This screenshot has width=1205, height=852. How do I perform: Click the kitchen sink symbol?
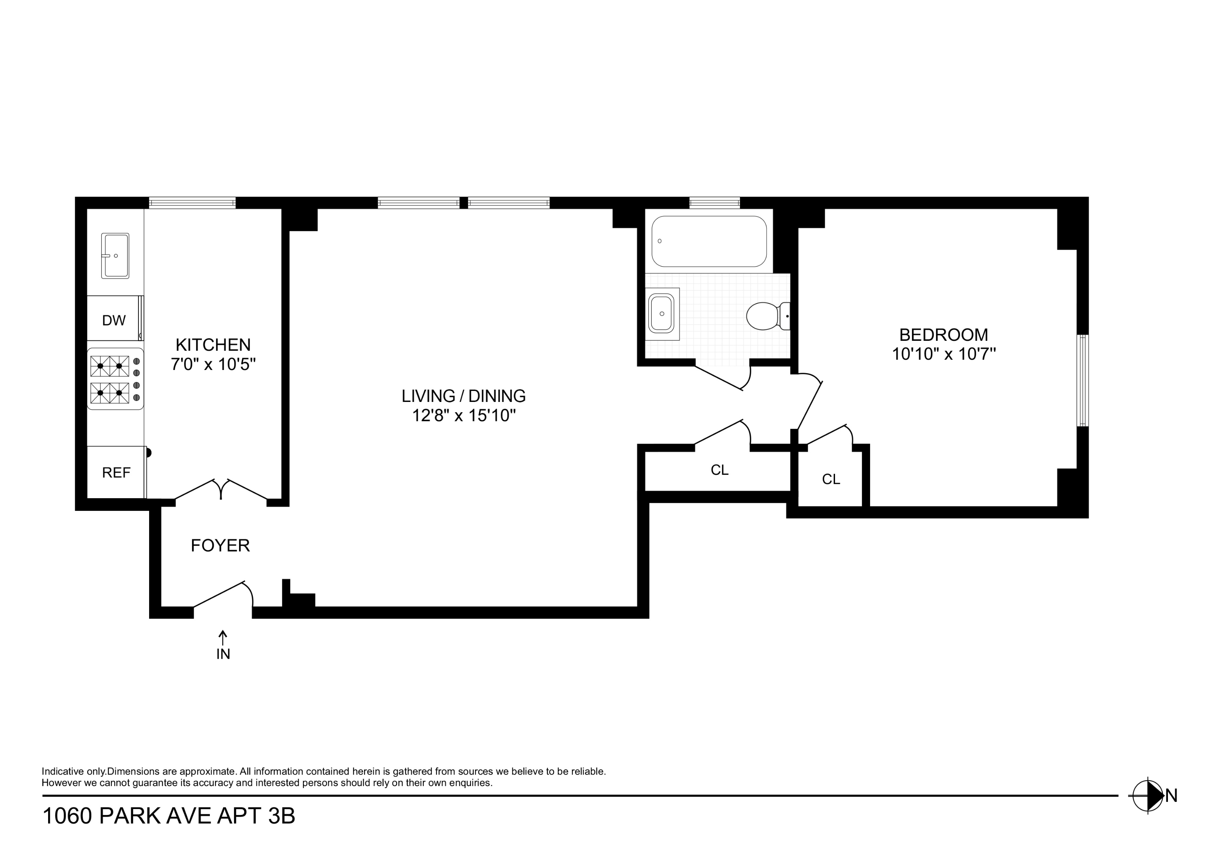point(116,256)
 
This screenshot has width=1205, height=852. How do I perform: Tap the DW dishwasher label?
point(114,320)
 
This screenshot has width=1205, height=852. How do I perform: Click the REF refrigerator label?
point(116,473)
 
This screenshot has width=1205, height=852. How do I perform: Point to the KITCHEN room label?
point(213,345)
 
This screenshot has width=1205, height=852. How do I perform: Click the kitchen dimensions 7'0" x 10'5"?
point(213,364)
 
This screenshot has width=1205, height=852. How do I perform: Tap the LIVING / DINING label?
point(463,396)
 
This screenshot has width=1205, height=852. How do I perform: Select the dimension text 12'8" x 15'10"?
point(463,416)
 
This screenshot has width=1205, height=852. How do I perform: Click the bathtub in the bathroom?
point(709,241)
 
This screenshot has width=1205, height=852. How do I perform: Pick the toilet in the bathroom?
point(767,316)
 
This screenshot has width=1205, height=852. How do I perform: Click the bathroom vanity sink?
point(662,314)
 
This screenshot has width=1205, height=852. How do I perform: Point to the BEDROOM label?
point(943,335)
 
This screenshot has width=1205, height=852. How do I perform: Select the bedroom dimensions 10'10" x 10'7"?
point(943,354)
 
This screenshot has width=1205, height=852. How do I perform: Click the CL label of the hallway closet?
point(719,470)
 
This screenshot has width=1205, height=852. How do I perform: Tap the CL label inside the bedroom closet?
point(831,479)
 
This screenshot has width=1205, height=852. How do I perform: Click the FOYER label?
point(220,546)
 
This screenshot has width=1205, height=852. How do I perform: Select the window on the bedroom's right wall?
point(1083,381)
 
